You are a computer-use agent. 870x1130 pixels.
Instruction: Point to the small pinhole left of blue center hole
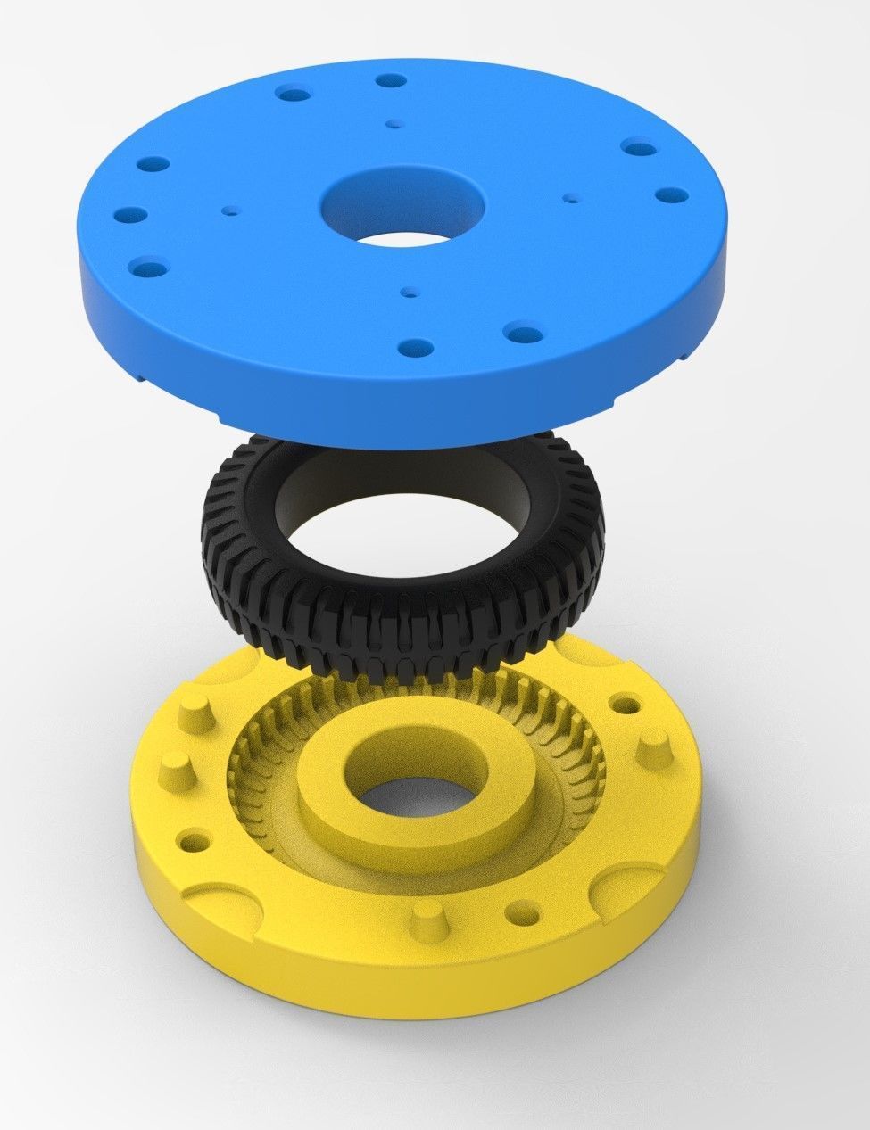[232, 211]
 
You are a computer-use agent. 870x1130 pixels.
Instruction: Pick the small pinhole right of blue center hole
[570, 198]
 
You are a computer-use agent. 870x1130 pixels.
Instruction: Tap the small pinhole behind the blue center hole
[394, 125]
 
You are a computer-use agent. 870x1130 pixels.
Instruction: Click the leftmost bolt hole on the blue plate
[130, 216]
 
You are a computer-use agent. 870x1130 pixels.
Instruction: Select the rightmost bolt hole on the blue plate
[667, 195]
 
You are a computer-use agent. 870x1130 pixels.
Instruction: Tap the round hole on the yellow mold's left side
[190, 840]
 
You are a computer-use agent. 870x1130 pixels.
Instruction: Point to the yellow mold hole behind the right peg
[629, 705]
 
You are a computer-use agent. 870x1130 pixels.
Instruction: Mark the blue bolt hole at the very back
[386, 81]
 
